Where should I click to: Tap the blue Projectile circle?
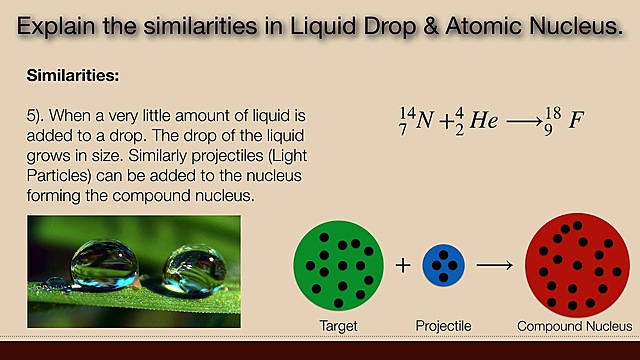coord(442,266)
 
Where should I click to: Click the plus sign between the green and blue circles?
coord(403,266)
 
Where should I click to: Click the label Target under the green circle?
coord(338,326)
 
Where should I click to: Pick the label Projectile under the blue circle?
coord(443,326)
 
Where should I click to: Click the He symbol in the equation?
coord(484,122)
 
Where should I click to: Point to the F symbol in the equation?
coord(577,122)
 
